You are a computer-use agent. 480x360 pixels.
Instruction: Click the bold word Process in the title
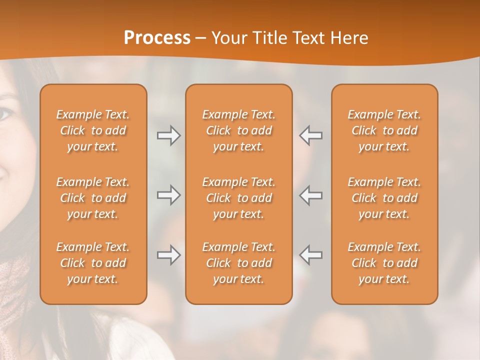tap(157, 38)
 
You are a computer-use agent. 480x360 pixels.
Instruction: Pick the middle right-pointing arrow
tap(169, 195)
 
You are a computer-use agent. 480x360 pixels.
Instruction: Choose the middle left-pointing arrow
tap(311, 195)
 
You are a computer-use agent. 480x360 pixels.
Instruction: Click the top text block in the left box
tap(93, 130)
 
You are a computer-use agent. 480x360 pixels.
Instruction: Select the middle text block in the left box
tap(93, 198)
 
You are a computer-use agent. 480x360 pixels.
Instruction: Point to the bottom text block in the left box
tap(93, 263)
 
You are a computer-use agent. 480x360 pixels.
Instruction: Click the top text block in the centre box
tap(239, 130)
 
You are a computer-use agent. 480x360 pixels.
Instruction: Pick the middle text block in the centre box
tap(239, 198)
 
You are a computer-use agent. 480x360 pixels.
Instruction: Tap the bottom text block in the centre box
tap(239, 263)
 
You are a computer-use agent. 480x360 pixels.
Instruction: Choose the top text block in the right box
tap(384, 130)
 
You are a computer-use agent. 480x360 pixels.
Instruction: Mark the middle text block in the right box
tap(384, 198)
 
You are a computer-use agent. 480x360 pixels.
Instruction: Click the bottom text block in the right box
tap(384, 263)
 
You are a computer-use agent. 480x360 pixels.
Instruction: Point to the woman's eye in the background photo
tap(5, 114)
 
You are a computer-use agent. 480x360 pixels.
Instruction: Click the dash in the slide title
tap(201, 38)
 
